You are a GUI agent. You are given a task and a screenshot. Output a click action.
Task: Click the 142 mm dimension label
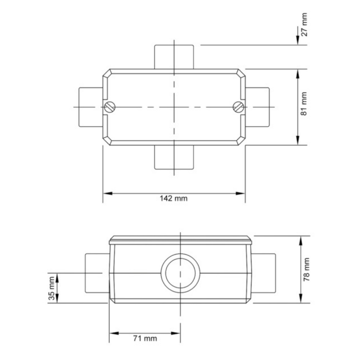174,198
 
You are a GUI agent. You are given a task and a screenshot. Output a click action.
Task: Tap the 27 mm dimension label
304,27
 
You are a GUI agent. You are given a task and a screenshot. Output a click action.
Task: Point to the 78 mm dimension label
306,269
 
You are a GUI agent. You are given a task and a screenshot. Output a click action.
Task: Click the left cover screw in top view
110,107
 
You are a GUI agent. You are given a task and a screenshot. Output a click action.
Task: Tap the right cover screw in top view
238,107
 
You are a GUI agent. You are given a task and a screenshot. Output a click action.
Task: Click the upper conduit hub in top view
174,57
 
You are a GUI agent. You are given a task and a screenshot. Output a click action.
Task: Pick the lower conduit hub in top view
174,157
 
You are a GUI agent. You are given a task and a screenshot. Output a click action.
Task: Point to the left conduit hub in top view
91,107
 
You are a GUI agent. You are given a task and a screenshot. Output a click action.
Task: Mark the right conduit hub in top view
257,107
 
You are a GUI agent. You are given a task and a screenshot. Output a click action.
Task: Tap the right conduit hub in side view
263,273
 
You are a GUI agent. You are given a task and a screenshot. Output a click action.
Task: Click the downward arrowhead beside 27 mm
298,41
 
